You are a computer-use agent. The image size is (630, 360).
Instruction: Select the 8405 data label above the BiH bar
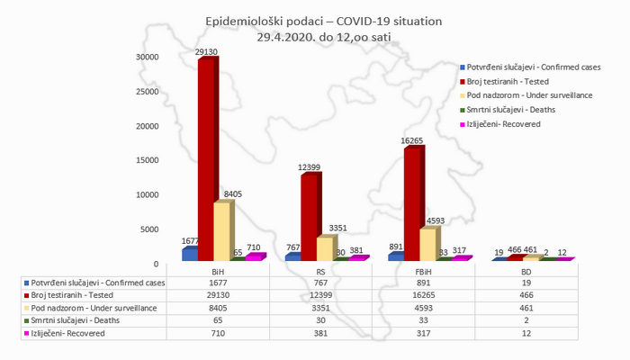(232, 193)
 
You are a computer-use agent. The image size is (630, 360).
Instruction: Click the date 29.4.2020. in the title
(290, 37)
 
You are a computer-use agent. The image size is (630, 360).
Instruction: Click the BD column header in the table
(526, 270)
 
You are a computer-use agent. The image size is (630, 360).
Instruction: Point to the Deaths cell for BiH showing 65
(217, 320)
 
